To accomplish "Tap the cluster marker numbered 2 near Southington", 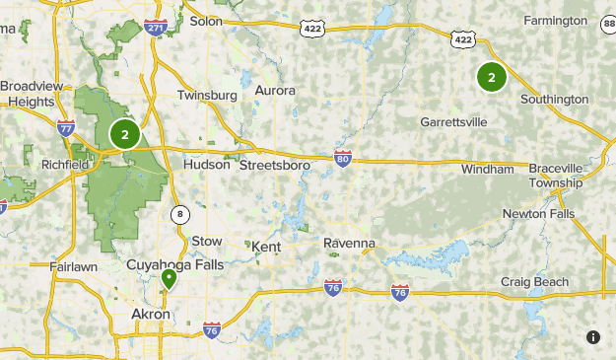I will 491,76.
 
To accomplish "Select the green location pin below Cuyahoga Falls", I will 169,280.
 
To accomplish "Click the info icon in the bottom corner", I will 593,337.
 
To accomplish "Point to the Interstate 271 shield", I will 155,29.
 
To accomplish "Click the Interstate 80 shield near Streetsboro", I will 342,158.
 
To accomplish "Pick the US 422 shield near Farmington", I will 462,37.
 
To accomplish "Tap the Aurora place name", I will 275,91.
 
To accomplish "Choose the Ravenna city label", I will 350,243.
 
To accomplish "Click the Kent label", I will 266,247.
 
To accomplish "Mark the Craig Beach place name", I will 534,282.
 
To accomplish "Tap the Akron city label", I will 151,315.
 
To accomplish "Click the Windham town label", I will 488,170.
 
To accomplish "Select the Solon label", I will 206,20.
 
